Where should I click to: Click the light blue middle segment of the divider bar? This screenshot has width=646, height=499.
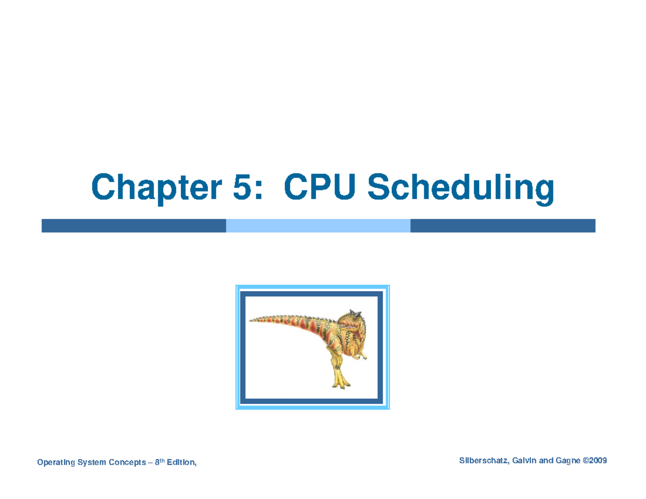point(318,226)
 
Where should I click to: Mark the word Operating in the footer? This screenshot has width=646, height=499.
point(55,462)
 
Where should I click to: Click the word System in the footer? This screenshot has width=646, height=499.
point(93,462)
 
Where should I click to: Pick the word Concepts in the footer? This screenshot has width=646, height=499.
point(129,462)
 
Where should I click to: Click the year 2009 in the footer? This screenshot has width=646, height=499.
point(598,461)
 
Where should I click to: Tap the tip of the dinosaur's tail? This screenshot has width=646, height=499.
point(250,319)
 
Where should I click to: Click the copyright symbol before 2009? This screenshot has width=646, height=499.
point(585,461)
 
